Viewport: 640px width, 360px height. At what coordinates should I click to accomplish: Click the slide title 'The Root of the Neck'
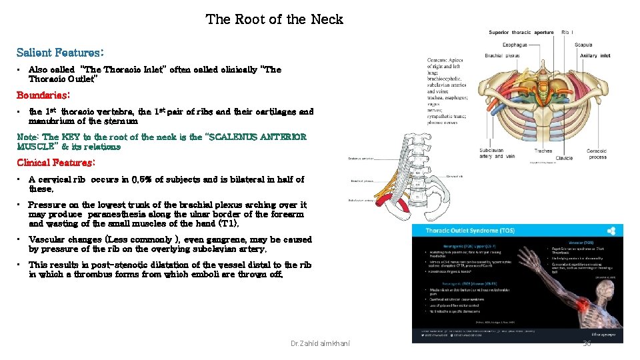click(x=274, y=19)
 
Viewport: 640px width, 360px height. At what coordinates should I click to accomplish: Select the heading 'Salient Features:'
click(x=60, y=51)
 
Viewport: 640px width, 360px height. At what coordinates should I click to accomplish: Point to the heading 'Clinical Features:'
click(x=56, y=163)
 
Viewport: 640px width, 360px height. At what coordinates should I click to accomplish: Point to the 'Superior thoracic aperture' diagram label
click(x=521, y=32)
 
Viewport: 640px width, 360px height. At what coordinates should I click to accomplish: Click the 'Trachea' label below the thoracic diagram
click(x=543, y=151)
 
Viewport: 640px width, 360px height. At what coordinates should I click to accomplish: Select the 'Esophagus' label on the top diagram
click(x=515, y=45)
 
